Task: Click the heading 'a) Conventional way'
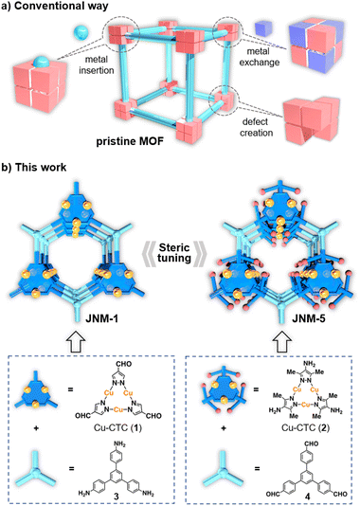[x=59, y=9]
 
